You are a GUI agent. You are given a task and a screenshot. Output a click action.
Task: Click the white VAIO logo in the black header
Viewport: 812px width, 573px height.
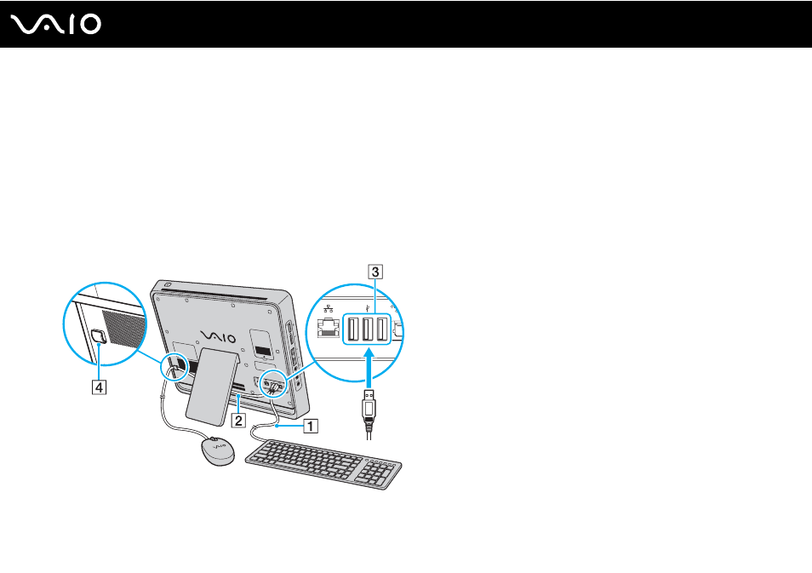pos(56,25)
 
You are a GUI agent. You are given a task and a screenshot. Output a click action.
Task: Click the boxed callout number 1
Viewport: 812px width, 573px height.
pos(310,426)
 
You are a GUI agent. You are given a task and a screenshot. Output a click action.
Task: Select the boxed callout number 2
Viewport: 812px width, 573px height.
pos(238,420)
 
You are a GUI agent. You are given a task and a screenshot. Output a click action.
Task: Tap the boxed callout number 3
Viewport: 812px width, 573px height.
pos(375,272)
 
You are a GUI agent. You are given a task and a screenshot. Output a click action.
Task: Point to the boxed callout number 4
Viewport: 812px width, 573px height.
pos(99,387)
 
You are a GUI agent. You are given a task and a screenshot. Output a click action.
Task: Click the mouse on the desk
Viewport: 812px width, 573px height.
pos(218,451)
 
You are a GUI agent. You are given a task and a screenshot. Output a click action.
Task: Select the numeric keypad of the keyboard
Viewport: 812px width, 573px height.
pos(380,472)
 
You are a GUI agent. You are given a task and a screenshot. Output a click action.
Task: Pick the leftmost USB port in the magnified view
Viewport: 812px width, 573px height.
pos(352,329)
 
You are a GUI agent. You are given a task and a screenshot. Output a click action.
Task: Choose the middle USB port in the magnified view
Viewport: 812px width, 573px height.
pos(367,329)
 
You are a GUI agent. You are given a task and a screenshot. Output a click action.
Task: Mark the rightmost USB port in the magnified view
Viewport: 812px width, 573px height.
pos(381,329)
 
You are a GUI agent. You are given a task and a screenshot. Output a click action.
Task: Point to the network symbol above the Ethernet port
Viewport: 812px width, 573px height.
pos(329,309)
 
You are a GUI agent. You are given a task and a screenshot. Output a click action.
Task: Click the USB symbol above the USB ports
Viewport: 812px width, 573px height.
pos(367,308)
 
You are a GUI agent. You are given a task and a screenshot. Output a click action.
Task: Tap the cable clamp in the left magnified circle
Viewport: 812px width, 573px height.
pos(99,337)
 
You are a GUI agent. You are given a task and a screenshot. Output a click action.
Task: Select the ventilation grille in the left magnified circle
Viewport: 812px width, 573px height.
pos(124,329)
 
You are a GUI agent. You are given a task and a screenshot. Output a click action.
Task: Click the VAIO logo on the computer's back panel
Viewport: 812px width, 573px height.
pos(218,338)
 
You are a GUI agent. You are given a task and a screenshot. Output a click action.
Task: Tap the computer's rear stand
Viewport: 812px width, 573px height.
pos(212,383)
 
